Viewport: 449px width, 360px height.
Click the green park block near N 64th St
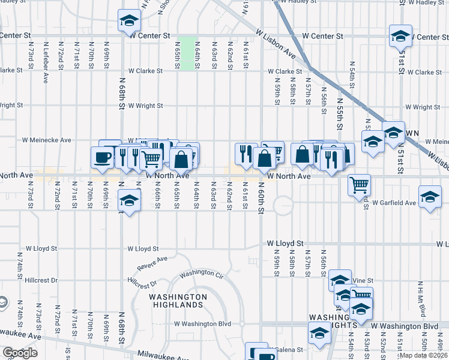(188, 54)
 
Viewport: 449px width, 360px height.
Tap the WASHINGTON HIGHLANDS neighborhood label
(178, 301)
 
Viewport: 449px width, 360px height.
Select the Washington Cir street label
(201, 273)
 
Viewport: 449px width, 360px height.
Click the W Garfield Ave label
(394, 203)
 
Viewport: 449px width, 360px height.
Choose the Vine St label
(363, 280)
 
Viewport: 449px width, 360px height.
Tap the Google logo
(20, 353)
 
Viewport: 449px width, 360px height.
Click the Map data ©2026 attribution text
(423, 355)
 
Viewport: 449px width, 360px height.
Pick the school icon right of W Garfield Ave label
(430, 198)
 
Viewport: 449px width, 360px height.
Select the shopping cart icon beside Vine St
(361, 295)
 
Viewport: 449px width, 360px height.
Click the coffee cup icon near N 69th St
(102, 157)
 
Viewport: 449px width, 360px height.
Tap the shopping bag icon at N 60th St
(264, 158)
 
